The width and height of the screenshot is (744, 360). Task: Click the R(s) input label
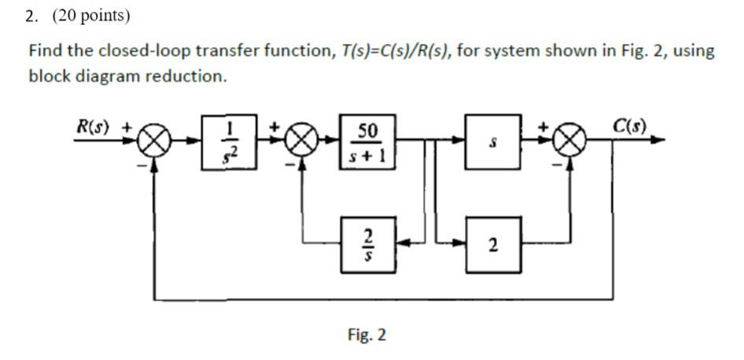[x=94, y=126]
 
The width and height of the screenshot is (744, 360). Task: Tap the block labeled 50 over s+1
[x=366, y=141]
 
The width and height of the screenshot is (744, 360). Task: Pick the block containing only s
[x=492, y=141]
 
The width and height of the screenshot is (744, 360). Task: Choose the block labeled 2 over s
[x=366, y=244]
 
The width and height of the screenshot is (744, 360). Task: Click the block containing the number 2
[x=492, y=246]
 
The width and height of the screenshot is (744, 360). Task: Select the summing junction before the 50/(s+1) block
[x=300, y=142]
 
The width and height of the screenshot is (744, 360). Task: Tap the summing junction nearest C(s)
[x=572, y=142]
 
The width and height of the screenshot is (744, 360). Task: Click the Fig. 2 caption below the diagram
[x=366, y=336]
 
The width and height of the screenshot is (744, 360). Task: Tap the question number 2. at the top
[x=32, y=16]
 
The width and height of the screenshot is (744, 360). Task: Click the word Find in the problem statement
[x=45, y=51]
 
